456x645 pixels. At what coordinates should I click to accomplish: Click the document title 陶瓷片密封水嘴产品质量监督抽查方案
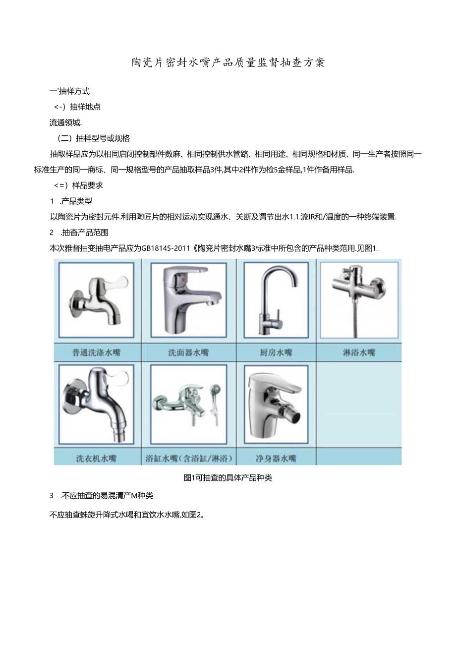point(228,62)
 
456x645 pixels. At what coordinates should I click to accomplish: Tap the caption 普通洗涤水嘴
point(96,353)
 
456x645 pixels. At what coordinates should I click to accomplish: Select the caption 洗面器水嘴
point(188,353)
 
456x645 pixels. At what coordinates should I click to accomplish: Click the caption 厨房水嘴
point(276,353)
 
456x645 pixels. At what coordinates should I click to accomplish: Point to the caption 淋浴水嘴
point(359,353)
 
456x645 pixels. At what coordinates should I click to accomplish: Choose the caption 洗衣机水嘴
point(96,458)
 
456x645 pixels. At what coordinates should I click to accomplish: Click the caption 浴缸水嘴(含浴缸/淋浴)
point(189,458)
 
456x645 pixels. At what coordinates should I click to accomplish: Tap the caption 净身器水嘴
point(276,458)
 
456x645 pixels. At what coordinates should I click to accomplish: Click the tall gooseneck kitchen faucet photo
point(276,300)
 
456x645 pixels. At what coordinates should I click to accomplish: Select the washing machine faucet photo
point(96,404)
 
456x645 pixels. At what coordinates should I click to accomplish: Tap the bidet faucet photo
point(276,404)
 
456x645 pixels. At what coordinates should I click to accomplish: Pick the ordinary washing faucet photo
point(96,300)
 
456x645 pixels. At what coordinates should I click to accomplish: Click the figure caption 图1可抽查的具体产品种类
point(228,478)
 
